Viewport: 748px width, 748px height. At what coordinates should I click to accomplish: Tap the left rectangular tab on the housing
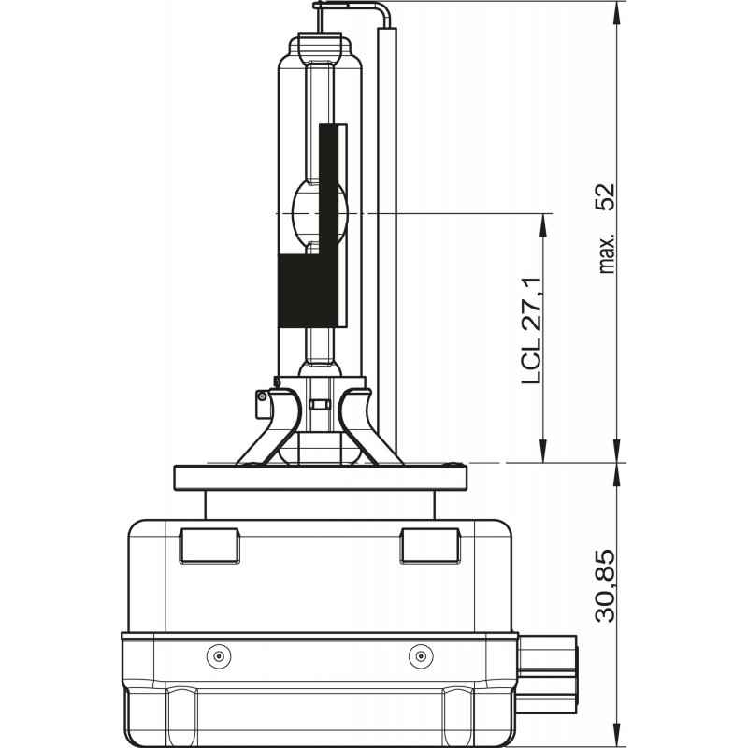click(x=209, y=544)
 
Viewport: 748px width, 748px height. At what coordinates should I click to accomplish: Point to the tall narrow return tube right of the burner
click(x=387, y=234)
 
